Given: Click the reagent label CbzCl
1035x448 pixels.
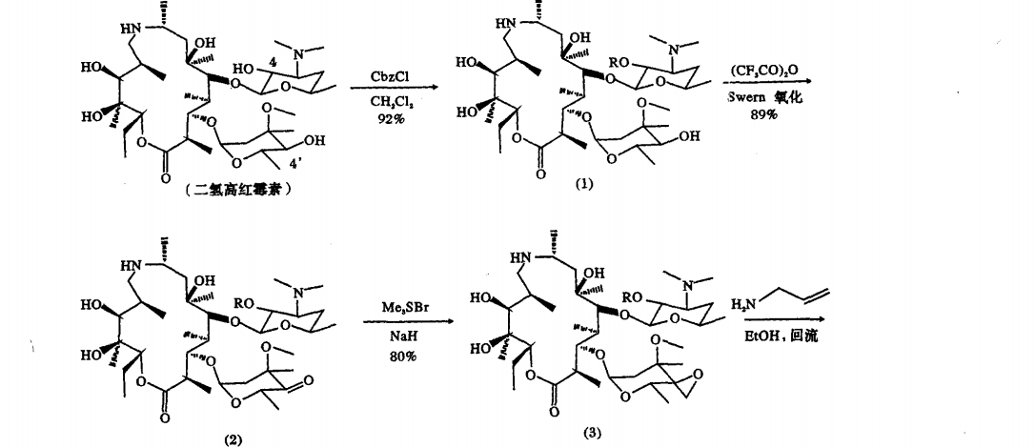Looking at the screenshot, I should (x=391, y=73).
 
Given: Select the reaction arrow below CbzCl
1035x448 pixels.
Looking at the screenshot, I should (x=391, y=88).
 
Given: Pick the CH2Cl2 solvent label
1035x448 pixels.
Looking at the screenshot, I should (x=391, y=97).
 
